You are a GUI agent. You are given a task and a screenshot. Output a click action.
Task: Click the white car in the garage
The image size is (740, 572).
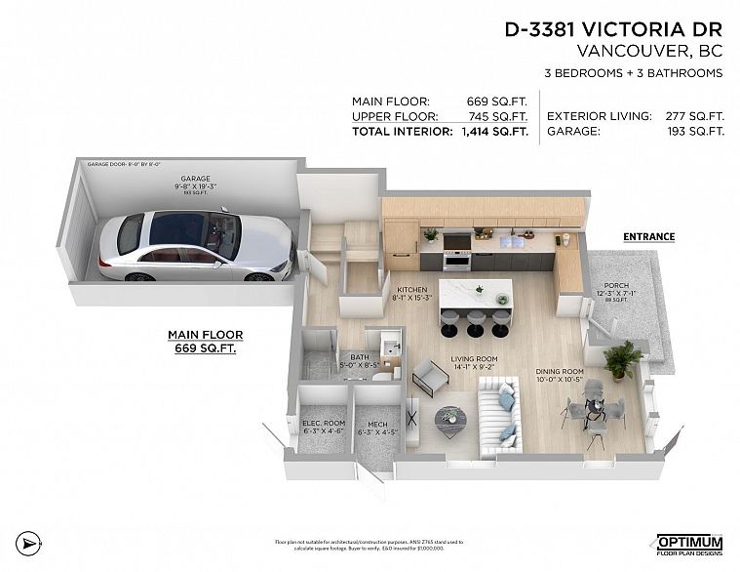tap(194, 246)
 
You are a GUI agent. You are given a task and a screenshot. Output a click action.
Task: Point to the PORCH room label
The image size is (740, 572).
tap(616, 287)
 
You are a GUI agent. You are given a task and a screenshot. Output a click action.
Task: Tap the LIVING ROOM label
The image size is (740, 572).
tap(474, 358)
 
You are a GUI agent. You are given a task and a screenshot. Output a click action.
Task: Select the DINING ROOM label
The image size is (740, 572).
tap(560, 371)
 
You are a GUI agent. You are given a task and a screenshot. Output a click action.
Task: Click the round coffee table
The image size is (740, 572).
tap(449, 417)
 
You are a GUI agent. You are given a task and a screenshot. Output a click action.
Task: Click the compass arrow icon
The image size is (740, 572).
tap(31, 541)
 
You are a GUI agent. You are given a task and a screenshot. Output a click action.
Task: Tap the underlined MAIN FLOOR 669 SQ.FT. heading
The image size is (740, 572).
tap(206, 341)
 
